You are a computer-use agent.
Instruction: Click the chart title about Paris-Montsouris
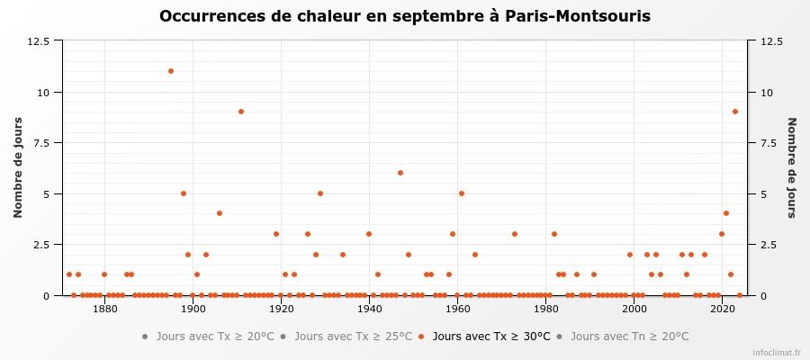pos(405,17)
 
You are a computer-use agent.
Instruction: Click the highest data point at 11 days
pos(170,71)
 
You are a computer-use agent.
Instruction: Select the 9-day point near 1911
pos(241,112)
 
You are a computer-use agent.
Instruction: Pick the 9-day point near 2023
pos(734,112)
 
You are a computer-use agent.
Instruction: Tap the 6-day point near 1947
pos(400,173)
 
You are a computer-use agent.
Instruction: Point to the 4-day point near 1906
pos(219,213)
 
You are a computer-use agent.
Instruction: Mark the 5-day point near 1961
pos(462,193)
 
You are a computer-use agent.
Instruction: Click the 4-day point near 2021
pos(725,213)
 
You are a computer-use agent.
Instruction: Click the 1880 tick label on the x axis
pos(105,309)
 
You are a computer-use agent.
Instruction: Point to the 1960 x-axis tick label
pos(458,309)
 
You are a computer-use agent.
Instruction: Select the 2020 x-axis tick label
pos(722,309)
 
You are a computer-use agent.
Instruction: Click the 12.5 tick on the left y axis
pos(38,41)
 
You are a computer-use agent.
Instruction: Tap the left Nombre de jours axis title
pos(18,168)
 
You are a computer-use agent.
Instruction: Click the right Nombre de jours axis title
pos(792,168)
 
